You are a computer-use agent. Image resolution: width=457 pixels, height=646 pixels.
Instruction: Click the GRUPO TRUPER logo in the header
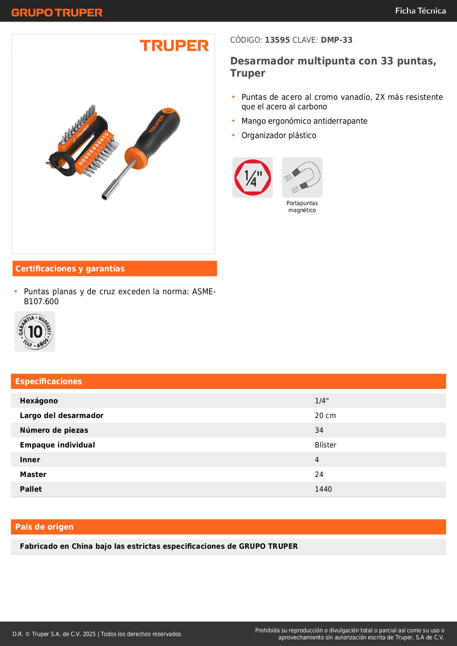(57, 13)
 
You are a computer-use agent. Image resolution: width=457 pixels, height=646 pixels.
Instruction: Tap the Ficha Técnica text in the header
(420, 11)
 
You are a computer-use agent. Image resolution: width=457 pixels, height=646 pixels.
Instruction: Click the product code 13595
(277, 40)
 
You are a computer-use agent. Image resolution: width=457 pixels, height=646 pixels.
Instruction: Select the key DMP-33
(337, 40)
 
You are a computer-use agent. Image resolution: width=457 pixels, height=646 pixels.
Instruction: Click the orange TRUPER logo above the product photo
(174, 46)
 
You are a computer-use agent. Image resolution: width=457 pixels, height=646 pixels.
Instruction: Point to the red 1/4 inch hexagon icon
(253, 178)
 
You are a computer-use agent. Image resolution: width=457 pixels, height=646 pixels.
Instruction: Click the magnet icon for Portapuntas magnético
(302, 178)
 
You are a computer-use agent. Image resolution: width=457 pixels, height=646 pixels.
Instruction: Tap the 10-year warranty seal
(35, 331)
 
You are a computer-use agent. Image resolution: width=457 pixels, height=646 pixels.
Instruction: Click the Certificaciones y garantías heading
(70, 268)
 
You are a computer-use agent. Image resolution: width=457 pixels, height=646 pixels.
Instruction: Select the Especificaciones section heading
(49, 381)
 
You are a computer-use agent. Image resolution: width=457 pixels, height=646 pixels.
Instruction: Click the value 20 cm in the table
(325, 415)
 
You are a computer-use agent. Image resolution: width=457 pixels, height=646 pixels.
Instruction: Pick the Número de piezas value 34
(319, 430)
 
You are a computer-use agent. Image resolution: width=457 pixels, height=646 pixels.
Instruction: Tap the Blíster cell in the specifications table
(326, 445)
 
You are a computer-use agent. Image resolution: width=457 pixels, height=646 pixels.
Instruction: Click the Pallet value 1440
(323, 489)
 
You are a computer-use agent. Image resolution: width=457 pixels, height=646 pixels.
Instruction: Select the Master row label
(33, 474)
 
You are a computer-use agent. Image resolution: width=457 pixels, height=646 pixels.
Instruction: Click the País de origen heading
(44, 527)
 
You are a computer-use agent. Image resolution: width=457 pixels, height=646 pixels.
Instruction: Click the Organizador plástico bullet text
(279, 135)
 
